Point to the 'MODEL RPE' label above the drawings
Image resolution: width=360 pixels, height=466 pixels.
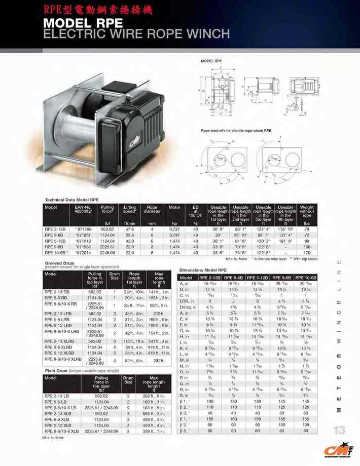[211, 61]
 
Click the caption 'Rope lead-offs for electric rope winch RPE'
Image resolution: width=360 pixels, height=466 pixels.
[236, 131]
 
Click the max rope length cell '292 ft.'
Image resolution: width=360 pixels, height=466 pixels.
[160, 361]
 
